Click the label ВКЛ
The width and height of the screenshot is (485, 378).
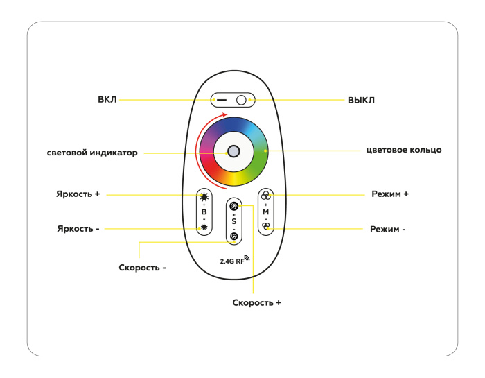tap(107, 100)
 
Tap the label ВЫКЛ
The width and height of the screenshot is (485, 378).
tap(361, 100)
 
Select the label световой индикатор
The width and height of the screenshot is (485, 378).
tap(93, 153)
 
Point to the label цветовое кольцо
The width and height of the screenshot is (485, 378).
tap(404, 150)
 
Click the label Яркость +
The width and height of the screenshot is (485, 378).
tap(78, 194)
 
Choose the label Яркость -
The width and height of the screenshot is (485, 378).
tap(78, 228)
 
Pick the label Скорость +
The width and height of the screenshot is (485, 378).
tap(256, 303)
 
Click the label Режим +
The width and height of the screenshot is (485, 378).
tap(389, 194)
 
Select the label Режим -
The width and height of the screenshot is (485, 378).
tap(388, 228)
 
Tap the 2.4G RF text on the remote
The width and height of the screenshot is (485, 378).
tap(232, 261)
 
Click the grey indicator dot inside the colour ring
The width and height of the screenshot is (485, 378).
tap(234, 152)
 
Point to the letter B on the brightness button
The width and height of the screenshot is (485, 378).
tap(204, 212)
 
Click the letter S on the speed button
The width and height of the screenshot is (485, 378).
tap(233, 221)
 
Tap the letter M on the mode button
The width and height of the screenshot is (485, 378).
tap(265, 211)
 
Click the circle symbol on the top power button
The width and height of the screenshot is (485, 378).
tap(241, 101)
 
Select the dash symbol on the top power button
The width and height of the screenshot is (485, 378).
tap(221, 101)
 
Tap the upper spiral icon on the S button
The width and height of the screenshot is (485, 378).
tap(233, 207)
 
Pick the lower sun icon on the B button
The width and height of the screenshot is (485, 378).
tap(204, 227)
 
